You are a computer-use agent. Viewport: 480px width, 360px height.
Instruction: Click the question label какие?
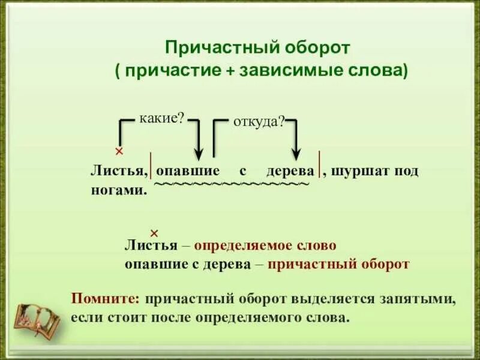(x=161, y=118)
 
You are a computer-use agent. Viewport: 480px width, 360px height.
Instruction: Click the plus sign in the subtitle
(x=230, y=70)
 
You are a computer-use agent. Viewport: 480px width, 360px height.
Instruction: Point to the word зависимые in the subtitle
(x=278, y=70)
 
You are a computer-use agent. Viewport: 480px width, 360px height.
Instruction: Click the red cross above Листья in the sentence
(x=119, y=151)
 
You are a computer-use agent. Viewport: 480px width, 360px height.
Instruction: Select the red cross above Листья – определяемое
(x=153, y=233)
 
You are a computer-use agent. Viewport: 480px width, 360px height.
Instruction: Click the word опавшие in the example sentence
(x=188, y=171)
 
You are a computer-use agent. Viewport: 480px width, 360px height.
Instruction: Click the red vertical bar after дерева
(x=320, y=166)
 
